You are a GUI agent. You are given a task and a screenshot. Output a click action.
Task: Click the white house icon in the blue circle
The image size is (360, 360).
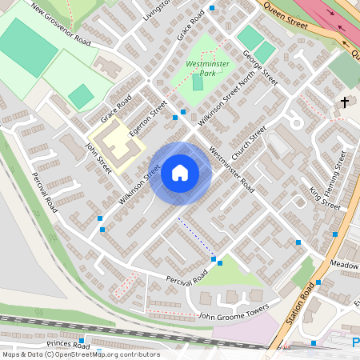[x=180, y=173]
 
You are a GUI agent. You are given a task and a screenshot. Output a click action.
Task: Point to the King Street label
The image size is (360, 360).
[x=325, y=197]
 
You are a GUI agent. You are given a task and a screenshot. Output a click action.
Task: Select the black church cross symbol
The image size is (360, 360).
[x=345, y=102]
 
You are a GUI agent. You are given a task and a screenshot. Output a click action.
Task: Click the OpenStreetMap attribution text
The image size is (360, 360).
[x=70, y=354]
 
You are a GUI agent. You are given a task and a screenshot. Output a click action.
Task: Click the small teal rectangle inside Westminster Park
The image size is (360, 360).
[x=198, y=82]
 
